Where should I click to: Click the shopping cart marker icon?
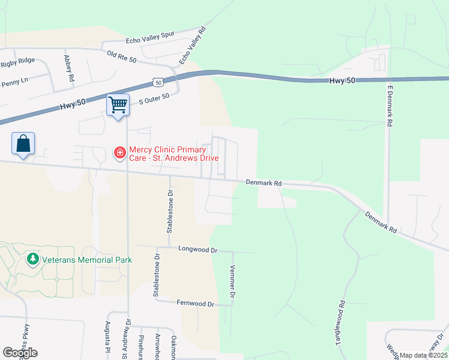pyautogui.click(x=118, y=104)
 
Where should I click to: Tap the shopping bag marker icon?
pyautogui.click(x=23, y=144)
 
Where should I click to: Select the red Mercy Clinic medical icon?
pyautogui.click(x=120, y=153)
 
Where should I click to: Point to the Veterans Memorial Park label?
pyautogui.click(x=87, y=260)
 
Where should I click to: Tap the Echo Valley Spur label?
pyautogui.click(x=150, y=38)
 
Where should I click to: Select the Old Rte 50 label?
pyautogui.click(x=122, y=57)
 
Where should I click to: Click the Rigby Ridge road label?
pyautogui.click(x=17, y=62)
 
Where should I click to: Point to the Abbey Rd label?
pyautogui.click(x=68, y=68)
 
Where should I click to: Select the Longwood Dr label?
pyautogui.click(x=197, y=248)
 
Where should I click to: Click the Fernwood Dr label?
pyautogui.click(x=195, y=304)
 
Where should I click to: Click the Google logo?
pyautogui.click(x=20, y=352)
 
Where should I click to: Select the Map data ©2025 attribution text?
pyautogui.click(x=423, y=355)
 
